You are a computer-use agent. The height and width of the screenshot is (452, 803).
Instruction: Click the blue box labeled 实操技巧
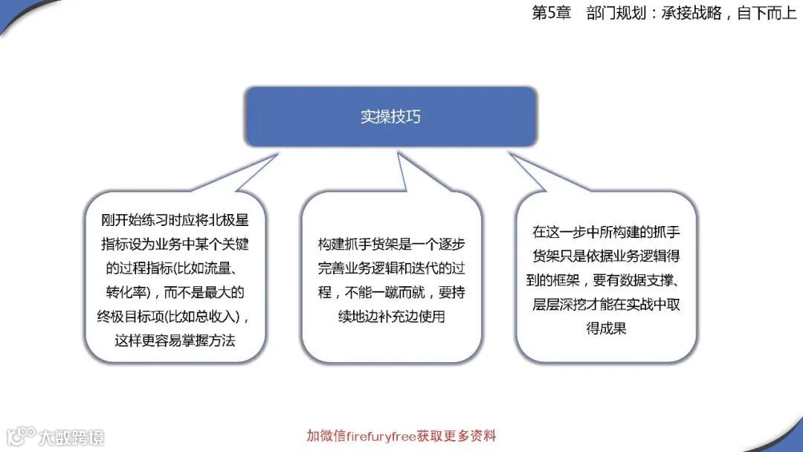[390, 117]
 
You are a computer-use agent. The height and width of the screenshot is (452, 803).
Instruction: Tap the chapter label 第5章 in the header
[551, 13]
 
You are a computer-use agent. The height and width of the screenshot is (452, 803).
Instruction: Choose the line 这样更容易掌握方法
[175, 340]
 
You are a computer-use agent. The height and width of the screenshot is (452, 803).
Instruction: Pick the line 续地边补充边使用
[391, 316]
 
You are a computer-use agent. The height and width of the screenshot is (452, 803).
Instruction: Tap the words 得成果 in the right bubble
[606, 327]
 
